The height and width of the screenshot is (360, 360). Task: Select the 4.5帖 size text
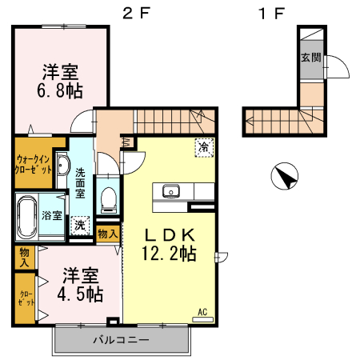point(80,294)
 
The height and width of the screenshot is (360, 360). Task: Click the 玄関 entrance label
point(310,58)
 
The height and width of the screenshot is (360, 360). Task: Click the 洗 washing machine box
point(80,225)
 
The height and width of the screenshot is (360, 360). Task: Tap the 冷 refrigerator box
point(205,148)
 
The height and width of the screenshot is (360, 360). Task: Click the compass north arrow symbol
point(284,176)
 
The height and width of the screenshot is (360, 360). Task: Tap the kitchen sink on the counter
point(171,190)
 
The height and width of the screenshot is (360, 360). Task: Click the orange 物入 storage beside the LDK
point(107,234)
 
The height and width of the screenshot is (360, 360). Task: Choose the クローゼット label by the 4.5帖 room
point(25,299)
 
